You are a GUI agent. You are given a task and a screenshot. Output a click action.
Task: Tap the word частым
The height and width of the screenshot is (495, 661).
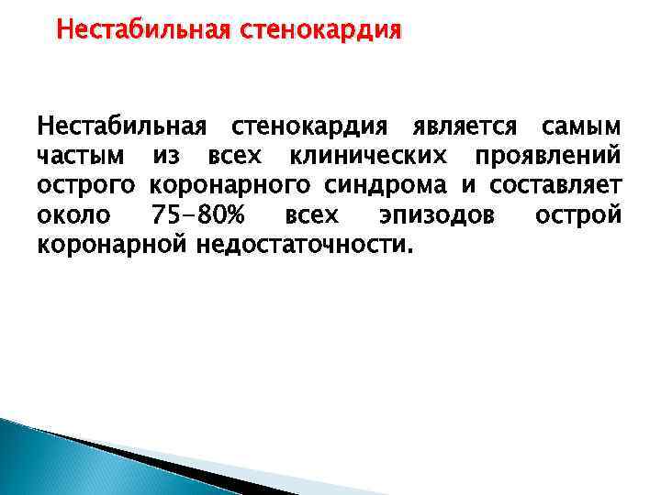(x=77, y=156)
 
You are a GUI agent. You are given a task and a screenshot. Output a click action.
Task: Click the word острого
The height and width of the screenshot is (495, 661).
(x=85, y=186)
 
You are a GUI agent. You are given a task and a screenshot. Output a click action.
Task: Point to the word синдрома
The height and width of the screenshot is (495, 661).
(x=385, y=186)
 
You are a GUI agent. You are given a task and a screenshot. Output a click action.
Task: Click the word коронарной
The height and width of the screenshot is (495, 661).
(x=111, y=246)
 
